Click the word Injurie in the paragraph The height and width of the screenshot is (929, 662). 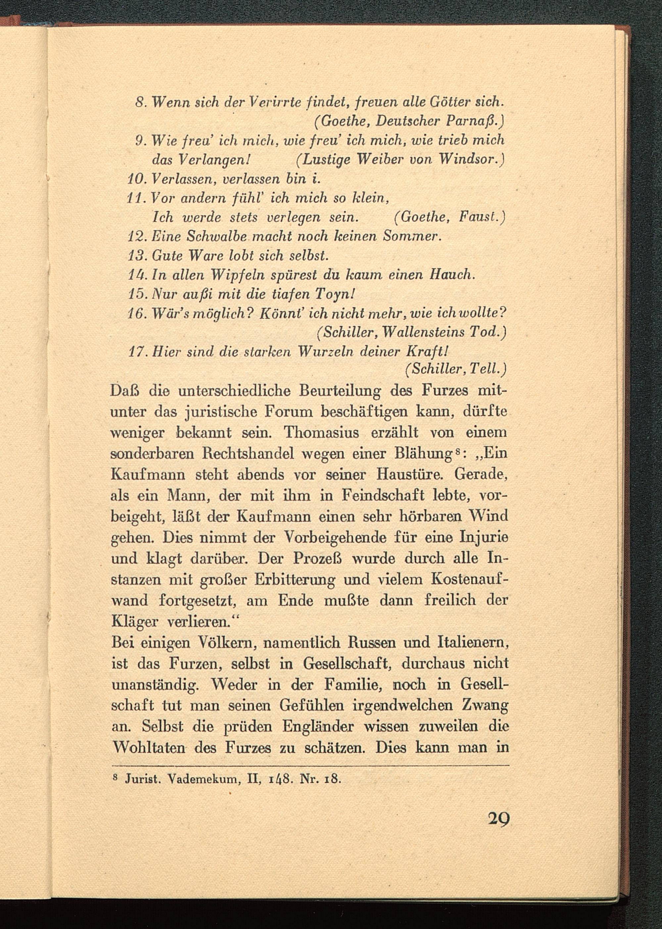(484, 538)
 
